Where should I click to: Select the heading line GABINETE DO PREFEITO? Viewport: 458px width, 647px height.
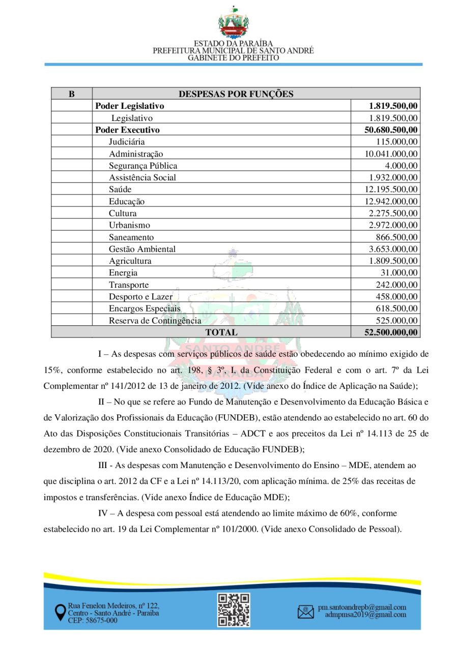(234, 58)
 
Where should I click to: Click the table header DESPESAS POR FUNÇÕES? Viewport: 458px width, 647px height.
(236, 94)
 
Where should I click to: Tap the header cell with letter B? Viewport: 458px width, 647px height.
(72, 94)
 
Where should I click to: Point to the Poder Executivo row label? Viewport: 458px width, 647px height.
(128, 130)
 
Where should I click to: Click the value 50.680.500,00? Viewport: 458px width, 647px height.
(391, 130)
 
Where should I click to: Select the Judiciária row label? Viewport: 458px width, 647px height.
(127, 142)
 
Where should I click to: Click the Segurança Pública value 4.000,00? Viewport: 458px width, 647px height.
(402, 166)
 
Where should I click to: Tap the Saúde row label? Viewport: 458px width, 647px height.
(120, 190)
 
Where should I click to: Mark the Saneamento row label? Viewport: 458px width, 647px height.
(131, 237)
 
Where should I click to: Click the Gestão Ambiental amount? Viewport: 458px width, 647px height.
(393, 249)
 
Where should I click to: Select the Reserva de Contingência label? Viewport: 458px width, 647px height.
(155, 321)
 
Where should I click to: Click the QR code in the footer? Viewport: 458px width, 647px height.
(234, 609)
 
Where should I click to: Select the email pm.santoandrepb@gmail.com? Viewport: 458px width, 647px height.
(362, 607)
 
